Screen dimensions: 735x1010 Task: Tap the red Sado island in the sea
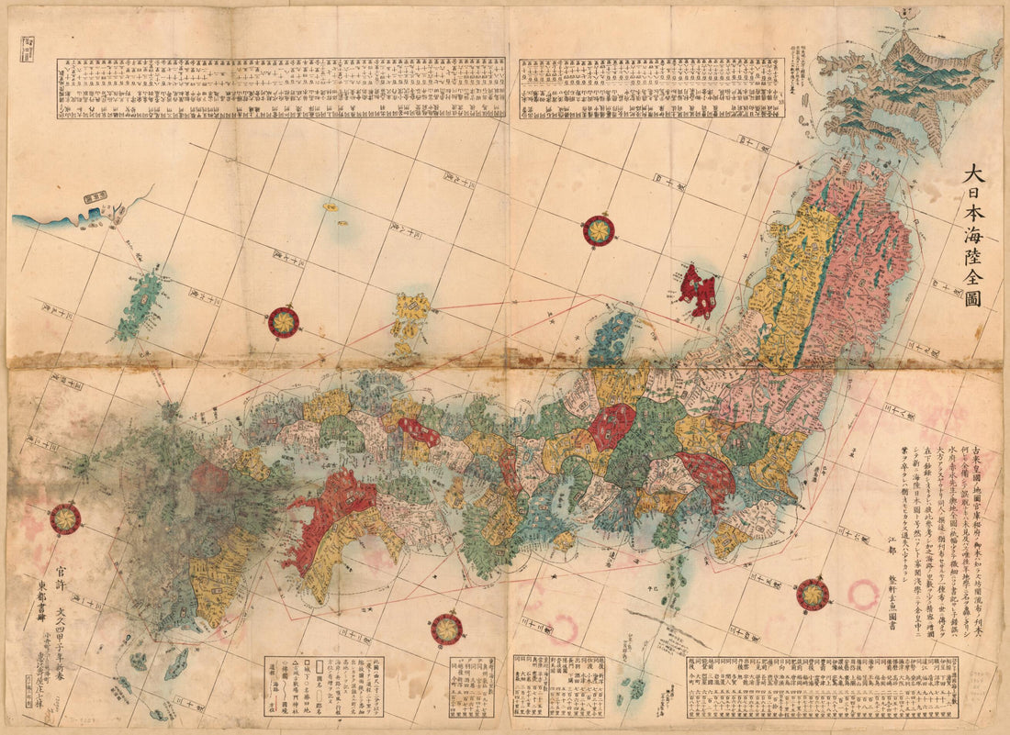coord(699,290)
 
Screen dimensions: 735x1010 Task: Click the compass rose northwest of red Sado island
coord(600,230)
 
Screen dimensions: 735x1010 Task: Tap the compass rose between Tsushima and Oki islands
coord(284,321)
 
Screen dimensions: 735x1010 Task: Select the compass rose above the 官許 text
coord(64,519)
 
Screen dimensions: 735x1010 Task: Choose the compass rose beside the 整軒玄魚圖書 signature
coord(813,595)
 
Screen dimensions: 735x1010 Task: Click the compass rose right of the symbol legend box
coord(446,629)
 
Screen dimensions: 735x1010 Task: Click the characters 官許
coord(62,572)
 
